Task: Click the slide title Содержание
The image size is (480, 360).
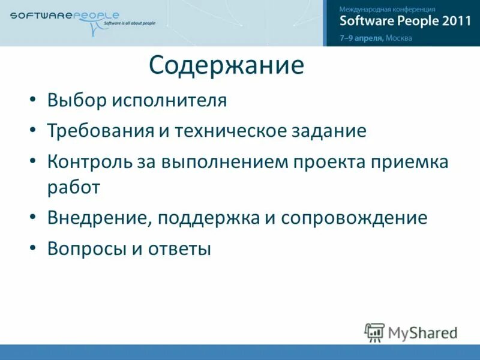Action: pyautogui.click(x=226, y=65)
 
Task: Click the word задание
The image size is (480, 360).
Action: pyautogui.click(x=329, y=131)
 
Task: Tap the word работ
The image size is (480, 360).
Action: pyautogui.click(x=73, y=187)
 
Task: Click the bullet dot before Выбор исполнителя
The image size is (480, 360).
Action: pyautogui.click(x=34, y=100)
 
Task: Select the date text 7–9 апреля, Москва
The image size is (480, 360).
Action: pyautogui.click(x=376, y=37)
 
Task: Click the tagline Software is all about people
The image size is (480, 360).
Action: pyautogui.click(x=130, y=23)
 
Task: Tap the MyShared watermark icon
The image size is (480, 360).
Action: pyautogui.click(x=374, y=332)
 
